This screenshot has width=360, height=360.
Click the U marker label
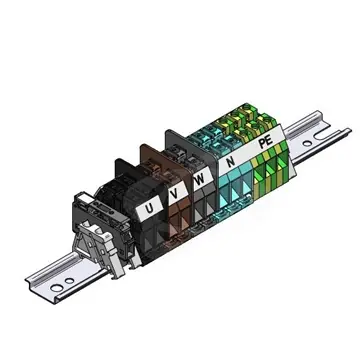(149, 208)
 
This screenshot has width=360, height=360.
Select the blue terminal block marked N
(235, 185)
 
